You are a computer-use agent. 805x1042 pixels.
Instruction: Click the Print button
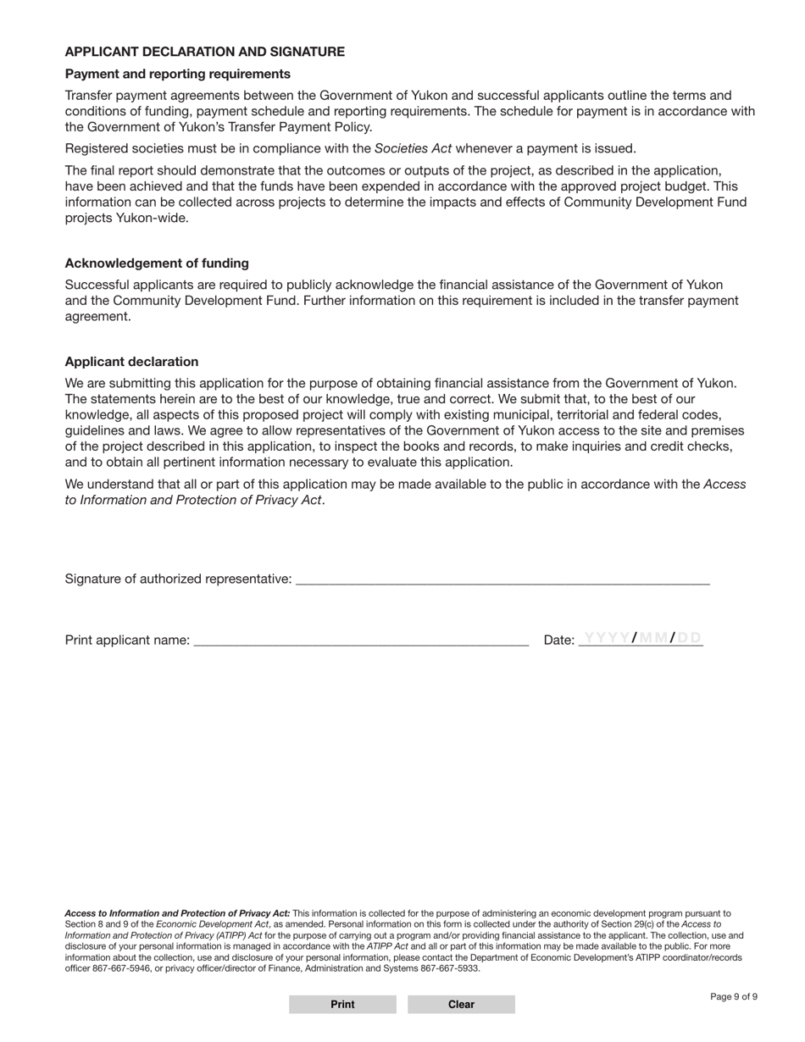tap(342, 1005)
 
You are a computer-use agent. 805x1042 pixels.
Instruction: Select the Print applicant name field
tap(361, 640)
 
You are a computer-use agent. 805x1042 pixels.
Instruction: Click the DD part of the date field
tap(689, 638)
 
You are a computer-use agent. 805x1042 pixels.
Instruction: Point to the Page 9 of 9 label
tap(734, 997)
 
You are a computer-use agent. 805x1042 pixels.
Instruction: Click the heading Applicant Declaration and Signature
tap(204, 52)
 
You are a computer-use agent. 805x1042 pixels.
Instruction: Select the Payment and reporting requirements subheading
tap(177, 74)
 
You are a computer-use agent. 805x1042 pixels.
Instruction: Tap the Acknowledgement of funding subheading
tap(157, 263)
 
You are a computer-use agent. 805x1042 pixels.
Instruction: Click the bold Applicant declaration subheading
tap(131, 362)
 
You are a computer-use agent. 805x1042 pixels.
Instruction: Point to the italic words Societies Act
tap(413, 148)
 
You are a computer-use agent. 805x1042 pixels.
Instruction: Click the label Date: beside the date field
tap(558, 640)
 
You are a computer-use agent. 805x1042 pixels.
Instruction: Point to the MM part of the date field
tap(652, 638)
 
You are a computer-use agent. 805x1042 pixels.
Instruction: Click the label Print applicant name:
tap(127, 640)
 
